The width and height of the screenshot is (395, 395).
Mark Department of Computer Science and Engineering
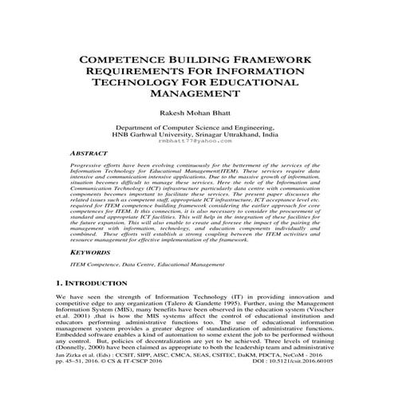point(197,128)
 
